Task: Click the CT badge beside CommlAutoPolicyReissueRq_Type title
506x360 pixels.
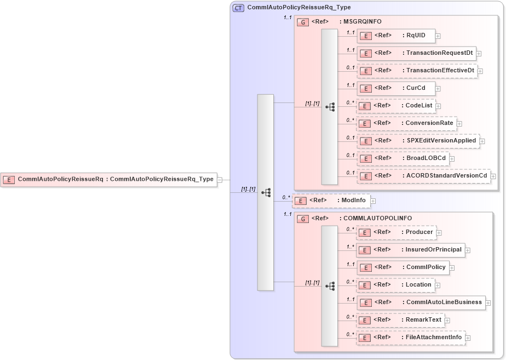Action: (238, 8)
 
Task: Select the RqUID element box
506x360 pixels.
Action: (396, 36)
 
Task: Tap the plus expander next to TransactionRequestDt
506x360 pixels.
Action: (479, 54)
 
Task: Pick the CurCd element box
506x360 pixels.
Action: (396, 88)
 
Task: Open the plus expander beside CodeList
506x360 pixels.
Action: (438, 106)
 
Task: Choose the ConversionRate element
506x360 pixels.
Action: (406, 123)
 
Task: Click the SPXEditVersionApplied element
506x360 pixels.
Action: (418, 141)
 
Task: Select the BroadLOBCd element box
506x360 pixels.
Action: (403, 158)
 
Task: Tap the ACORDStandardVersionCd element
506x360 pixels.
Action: (423, 176)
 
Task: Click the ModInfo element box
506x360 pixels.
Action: (330, 201)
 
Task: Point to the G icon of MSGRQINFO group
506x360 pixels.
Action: (303, 22)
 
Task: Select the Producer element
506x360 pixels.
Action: (396, 232)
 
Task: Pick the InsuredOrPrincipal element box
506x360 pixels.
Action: (411, 250)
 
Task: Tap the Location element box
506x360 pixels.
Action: (395, 285)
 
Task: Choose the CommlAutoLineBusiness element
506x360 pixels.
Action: (421, 302)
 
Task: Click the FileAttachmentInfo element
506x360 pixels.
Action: (411, 338)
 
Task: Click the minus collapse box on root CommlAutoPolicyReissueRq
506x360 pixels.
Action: (219, 179)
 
